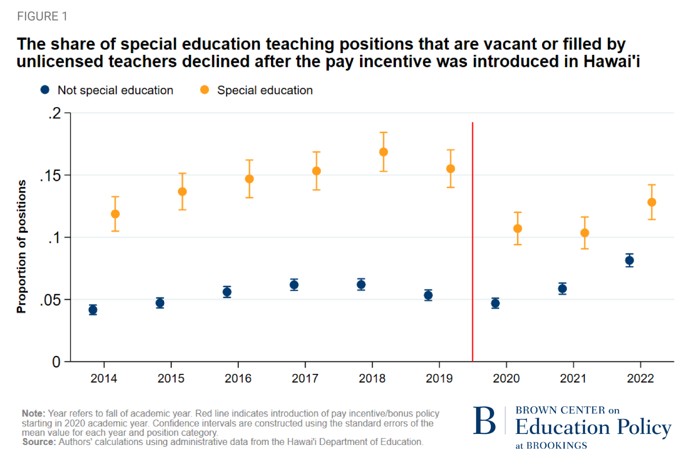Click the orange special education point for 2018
tap(384, 152)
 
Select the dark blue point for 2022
tap(629, 260)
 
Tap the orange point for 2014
tap(115, 214)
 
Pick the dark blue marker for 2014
tap(93, 310)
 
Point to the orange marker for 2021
tap(585, 233)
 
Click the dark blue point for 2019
tap(428, 295)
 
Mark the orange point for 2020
tap(518, 228)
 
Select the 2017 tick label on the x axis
tap(305, 379)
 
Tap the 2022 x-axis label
tap(640, 379)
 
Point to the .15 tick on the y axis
tap(50, 176)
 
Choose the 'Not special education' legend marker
tap(45, 90)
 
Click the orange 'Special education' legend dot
tap(205, 90)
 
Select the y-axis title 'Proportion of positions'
tap(21, 247)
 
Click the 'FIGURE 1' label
tap(42, 17)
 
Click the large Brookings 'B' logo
tap(484, 421)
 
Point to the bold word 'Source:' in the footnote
tap(39, 442)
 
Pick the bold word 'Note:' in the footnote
tap(34, 414)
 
